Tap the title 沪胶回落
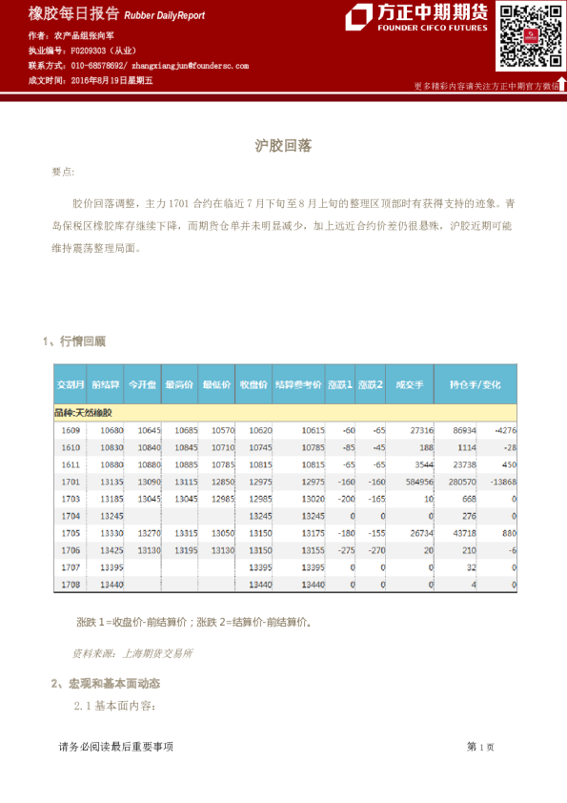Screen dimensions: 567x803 coord(283,147)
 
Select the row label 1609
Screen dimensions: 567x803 coord(71,430)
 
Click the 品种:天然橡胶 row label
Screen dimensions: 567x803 coord(84,412)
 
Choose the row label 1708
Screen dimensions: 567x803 coord(71,584)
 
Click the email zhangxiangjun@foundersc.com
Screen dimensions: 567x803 coord(191,66)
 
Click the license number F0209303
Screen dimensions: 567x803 coord(91,51)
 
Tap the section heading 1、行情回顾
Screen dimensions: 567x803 coord(74,340)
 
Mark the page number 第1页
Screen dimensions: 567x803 coord(480,747)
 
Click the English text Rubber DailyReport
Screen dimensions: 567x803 coord(164,16)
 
